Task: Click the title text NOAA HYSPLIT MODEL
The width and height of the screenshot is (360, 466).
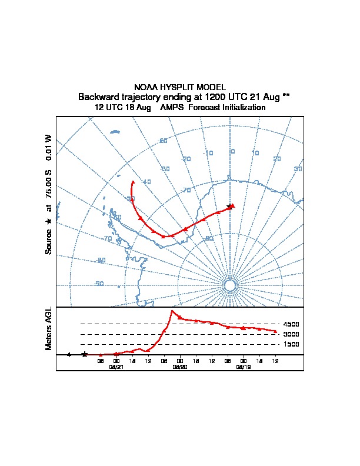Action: coord(180,87)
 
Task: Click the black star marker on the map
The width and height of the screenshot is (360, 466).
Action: coord(229,207)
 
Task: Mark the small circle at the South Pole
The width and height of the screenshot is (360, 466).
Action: coord(229,285)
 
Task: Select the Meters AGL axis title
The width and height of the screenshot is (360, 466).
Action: coord(49,328)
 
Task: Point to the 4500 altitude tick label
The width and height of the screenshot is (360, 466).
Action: coord(291,324)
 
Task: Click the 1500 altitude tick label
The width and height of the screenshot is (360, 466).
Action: coord(291,344)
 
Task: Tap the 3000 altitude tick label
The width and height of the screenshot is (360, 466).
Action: coord(291,334)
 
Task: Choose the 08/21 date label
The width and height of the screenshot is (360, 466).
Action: coord(116,366)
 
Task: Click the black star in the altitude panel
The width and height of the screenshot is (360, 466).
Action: coord(85,354)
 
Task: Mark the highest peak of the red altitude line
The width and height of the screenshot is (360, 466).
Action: coord(172,311)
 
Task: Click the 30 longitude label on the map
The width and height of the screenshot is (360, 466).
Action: coord(298,169)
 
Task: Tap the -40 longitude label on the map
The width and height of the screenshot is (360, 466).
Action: coord(146,182)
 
